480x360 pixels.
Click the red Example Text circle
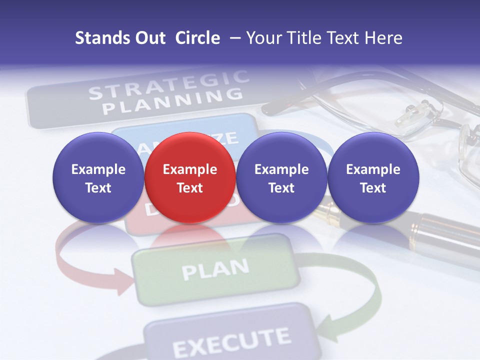189,177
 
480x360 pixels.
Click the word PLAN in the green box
215,269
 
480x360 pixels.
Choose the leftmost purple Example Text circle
98,177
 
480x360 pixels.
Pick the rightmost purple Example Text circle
373,177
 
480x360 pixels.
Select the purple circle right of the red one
281,177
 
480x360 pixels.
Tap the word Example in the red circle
190,169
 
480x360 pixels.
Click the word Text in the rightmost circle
373,188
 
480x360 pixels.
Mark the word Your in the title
263,38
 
